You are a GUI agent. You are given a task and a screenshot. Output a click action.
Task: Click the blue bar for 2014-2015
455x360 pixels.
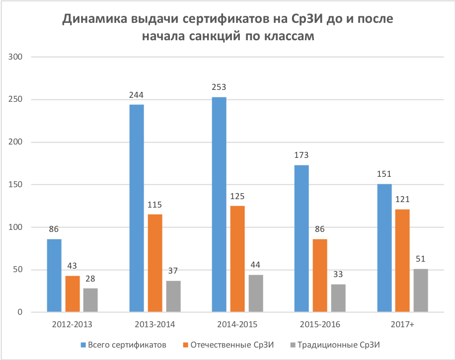pyautogui.click(x=219, y=205)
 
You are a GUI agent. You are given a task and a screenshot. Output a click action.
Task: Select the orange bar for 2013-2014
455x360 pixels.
pyautogui.click(x=155, y=263)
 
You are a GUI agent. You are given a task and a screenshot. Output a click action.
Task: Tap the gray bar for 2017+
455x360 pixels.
pyautogui.click(x=420, y=290)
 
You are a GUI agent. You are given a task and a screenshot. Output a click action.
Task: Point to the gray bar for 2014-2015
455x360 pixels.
pyautogui.click(x=255, y=293)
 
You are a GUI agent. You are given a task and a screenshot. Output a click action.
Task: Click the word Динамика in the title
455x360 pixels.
pyautogui.click(x=95, y=20)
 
